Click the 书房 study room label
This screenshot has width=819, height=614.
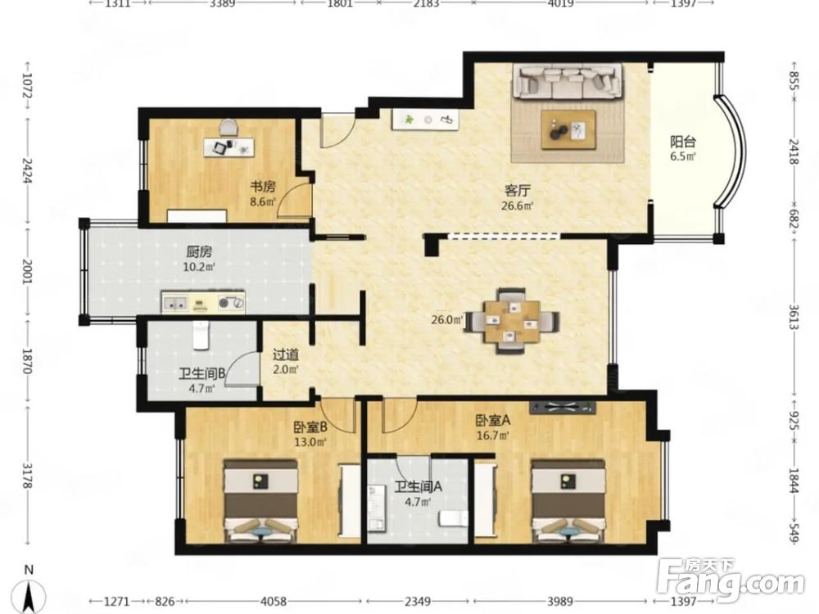263,187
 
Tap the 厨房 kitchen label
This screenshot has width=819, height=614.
199,252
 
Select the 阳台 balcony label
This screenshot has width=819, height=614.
683,142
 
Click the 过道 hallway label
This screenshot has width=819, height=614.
286,355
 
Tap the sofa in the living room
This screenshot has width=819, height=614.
568,81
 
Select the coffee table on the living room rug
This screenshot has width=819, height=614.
568,130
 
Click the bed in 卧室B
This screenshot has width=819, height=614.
260,501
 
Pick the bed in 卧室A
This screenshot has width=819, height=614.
568,501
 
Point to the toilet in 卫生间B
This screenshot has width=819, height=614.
201,335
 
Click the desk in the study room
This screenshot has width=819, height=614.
229,147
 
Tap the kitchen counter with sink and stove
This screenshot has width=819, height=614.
202,303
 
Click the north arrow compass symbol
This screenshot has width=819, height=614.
29,590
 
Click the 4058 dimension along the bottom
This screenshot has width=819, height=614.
274,602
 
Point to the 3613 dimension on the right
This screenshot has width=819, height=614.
794,318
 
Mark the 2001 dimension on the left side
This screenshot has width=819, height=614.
26,272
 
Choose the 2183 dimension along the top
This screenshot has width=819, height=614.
426,4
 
